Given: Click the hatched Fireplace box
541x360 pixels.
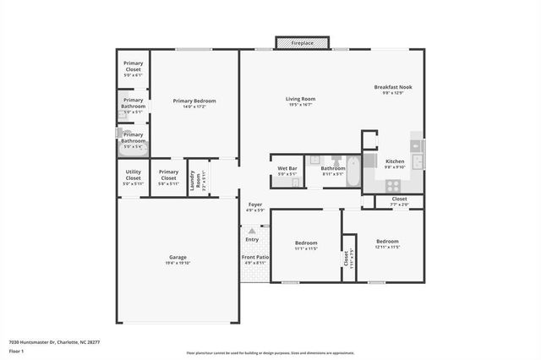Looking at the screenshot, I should (x=303, y=42).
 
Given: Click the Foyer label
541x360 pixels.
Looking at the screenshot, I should (x=254, y=206).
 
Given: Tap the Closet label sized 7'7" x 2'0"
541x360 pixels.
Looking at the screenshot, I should (x=399, y=200).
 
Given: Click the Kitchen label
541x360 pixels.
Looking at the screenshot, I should (x=396, y=162).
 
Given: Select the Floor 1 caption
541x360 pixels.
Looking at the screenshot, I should (x=17, y=351).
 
